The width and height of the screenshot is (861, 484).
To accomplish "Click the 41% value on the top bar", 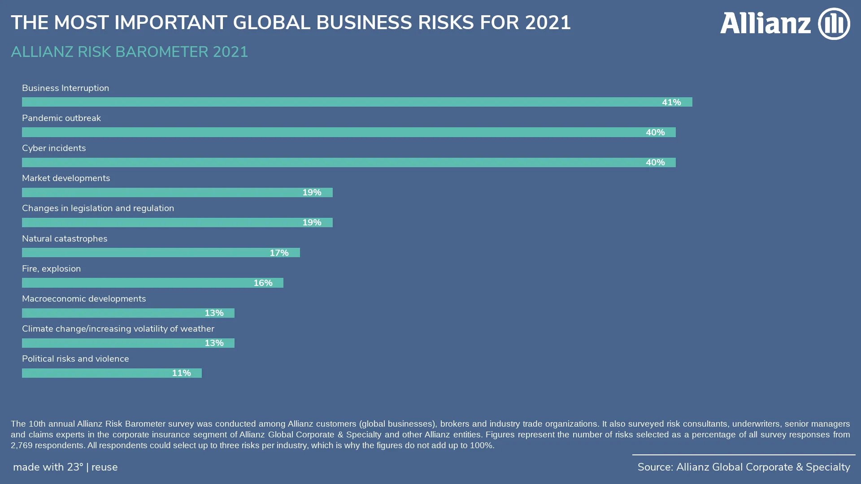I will point(671,103).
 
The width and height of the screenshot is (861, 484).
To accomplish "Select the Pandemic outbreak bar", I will point(348,132).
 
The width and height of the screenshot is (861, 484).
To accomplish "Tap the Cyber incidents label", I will point(54,148).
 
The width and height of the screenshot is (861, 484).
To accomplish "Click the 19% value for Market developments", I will point(312,193).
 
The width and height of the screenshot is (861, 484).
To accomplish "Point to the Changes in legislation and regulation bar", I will point(177,223).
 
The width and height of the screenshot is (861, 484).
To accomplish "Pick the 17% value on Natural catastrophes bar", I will point(279,253).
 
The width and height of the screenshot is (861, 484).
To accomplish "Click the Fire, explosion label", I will point(52,269).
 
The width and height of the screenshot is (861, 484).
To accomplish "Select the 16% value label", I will point(263,283).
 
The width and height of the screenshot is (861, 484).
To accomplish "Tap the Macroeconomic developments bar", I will point(128,313).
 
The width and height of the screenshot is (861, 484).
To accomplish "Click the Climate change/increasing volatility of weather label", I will point(118,329).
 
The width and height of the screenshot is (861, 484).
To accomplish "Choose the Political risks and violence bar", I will point(112,373).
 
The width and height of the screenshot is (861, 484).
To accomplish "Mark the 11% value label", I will point(181,373).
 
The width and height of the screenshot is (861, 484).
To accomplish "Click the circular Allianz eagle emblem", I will point(834,24).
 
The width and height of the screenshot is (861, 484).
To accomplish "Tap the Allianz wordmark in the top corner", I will point(765,23).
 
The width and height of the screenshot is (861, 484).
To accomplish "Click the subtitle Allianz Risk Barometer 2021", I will point(129,52).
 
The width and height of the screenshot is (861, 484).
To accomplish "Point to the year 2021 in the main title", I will point(548,23).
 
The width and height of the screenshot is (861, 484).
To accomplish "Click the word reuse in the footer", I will point(104,467).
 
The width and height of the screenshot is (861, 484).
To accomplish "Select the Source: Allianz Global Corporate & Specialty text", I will point(744,467).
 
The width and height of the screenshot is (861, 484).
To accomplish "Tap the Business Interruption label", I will point(65,88).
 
